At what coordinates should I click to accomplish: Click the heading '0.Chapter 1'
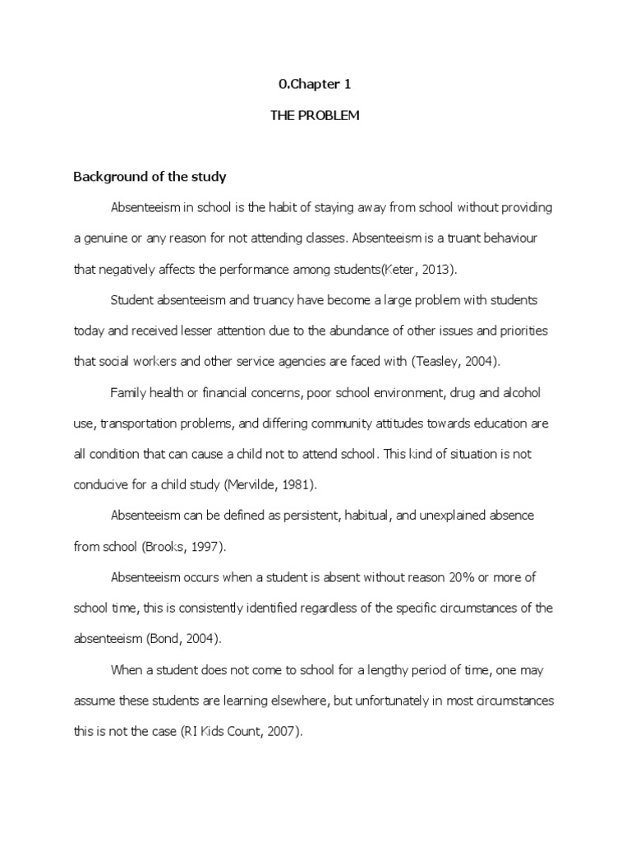tap(315, 84)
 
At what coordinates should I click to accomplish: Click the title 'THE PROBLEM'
tap(315, 116)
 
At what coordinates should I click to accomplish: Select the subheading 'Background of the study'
tap(150, 177)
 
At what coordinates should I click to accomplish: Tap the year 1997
tap(205, 546)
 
